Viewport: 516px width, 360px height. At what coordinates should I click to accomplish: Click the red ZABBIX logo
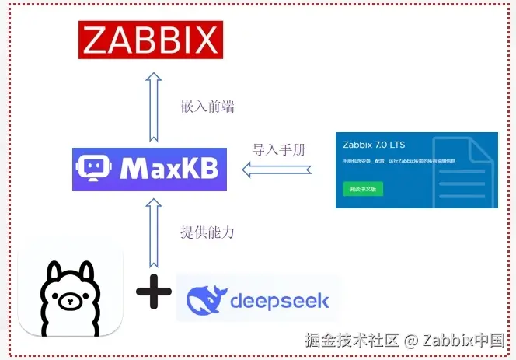[151, 40]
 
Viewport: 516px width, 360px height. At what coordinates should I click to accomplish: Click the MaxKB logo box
[151, 168]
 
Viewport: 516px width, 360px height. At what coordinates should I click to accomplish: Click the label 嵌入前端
[207, 107]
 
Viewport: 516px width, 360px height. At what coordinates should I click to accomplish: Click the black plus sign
[153, 292]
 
